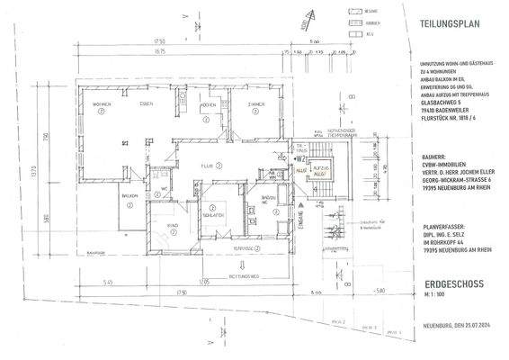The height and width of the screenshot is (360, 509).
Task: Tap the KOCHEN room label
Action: click(206, 105)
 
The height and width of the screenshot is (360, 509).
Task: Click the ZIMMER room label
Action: click(255, 105)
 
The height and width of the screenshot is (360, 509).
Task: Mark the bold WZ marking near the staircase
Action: click(299, 157)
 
